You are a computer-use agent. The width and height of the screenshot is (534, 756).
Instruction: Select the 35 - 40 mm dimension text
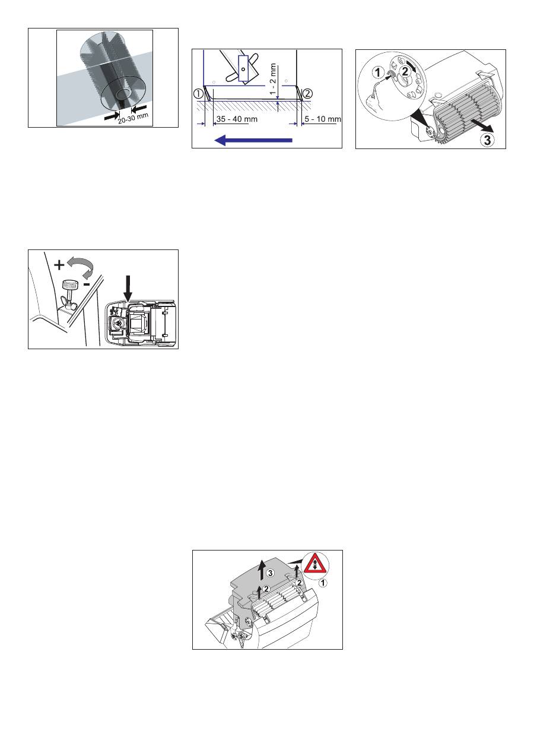tap(237, 119)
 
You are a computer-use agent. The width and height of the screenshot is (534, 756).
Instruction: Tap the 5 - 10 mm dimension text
tap(323, 119)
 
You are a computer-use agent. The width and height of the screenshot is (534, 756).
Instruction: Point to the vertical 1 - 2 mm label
tap(273, 80)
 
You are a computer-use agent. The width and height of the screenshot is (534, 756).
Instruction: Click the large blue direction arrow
tap(253, 140)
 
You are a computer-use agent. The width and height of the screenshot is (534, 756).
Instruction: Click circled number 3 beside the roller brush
tap(488, 140)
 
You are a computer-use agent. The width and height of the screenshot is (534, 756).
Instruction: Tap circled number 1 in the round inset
tap(378, 72)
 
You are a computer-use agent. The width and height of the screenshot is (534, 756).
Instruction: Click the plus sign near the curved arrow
tap(59, 265)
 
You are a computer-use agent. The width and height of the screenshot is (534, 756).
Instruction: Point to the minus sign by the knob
tap(87, 284)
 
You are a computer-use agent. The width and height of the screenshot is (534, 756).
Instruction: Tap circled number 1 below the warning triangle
tap(323, 583)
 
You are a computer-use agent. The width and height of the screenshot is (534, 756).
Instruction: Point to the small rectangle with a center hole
tap(243, 68)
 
